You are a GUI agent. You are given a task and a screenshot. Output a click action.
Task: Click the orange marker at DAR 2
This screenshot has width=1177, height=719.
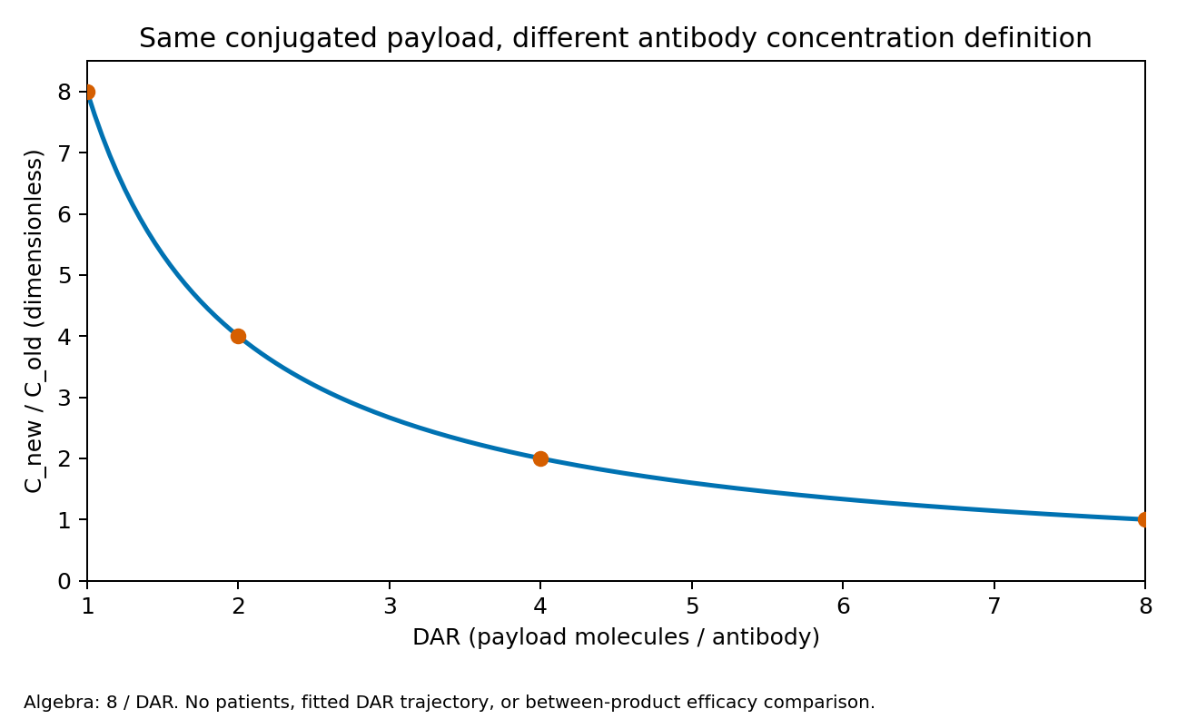point(238,336)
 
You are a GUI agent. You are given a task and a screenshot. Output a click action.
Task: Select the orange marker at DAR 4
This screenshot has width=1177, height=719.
point(540,459)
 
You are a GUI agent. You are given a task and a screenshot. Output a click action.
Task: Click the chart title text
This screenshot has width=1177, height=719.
point(616,38)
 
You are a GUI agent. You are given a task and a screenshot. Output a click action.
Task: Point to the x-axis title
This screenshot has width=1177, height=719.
point(616,637)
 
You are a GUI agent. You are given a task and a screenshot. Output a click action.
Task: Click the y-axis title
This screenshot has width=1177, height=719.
point(33,321)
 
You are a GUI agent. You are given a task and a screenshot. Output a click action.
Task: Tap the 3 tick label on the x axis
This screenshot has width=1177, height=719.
point(390,606)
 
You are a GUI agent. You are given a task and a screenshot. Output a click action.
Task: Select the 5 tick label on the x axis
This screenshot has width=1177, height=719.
point(692,606)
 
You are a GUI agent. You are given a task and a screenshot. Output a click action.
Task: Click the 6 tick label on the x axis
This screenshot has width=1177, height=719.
point(843,606)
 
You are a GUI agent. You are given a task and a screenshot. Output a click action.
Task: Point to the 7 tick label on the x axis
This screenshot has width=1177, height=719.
point(994,606)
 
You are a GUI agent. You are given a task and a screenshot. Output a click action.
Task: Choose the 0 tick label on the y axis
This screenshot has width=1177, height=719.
point(64,581)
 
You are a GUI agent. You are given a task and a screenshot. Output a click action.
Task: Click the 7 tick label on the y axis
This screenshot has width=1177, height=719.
point(64,153)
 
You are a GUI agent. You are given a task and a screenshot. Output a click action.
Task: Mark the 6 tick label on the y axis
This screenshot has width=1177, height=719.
point(64,214)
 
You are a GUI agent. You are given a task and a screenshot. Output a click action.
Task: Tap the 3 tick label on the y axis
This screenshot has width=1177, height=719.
point(64,398)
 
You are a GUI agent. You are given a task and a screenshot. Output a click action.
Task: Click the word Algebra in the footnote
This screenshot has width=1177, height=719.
point(52,703)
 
